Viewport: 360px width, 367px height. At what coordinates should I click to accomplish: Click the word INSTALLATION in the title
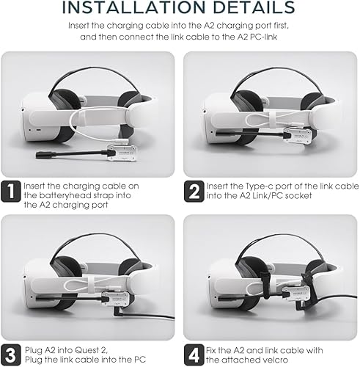pos(133,7)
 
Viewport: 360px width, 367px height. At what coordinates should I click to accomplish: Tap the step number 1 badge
pos(11,192)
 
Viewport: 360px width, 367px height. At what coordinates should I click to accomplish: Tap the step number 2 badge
pos(194,192)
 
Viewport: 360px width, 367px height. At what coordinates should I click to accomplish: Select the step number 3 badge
pos(11,355)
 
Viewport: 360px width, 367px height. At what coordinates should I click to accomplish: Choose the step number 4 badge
pos(194,355)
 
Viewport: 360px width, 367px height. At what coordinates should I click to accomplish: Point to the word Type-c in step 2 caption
pos(259,186)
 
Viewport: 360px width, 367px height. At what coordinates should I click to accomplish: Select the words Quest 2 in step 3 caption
pos(91,350)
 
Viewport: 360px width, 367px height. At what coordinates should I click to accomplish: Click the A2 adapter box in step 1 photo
pos(122,153)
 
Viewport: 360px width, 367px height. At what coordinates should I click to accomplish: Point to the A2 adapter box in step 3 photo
pos(115,299)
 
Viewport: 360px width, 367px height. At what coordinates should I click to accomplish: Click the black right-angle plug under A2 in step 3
pos(117,312)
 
